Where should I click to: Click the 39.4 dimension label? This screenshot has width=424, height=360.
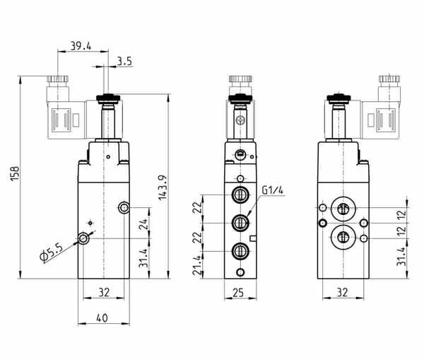coord(81,46)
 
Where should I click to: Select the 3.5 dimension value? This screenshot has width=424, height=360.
coord(124,62)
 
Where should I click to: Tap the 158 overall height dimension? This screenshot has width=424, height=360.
coord(15,173)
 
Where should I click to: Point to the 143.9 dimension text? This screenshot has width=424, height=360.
coord(163,188)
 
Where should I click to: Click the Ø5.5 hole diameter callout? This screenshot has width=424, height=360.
coord(52,253)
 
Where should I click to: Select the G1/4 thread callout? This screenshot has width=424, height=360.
coord(273,190)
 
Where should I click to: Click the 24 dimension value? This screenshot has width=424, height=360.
coord(143,224)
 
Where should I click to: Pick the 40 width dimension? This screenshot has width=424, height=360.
coord(102,318)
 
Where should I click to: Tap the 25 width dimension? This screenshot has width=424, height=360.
coord(238,293)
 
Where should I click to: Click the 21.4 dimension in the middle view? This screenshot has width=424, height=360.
coord(197,265)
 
